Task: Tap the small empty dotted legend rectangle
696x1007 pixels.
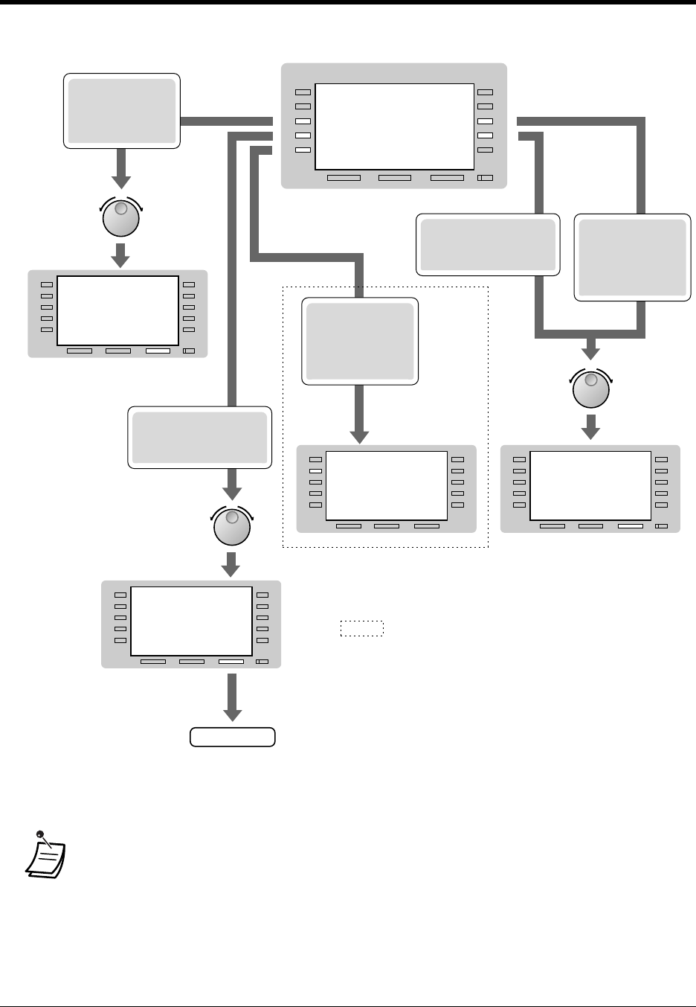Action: (x=361, y=628)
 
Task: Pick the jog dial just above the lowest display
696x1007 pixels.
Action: (x=233, y=527)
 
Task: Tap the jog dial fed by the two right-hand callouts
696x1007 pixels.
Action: (x=591, y=390)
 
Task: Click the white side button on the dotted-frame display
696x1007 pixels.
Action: (x=315, y=471)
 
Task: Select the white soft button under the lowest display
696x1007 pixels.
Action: (x=231, y=662)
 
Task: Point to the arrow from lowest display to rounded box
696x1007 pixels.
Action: (x=233, y=697)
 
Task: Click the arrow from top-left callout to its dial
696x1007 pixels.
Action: (x=121, y=169)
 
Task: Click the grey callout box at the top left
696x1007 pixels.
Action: (x=122, y=111)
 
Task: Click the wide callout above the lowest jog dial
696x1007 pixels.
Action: (x=199, y=437)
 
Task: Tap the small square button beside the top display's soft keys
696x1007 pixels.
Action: (x=485, y=178)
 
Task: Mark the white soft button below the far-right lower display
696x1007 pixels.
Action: (x=630, y=526)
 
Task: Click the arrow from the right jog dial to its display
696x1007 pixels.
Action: (x=591, y=427)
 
